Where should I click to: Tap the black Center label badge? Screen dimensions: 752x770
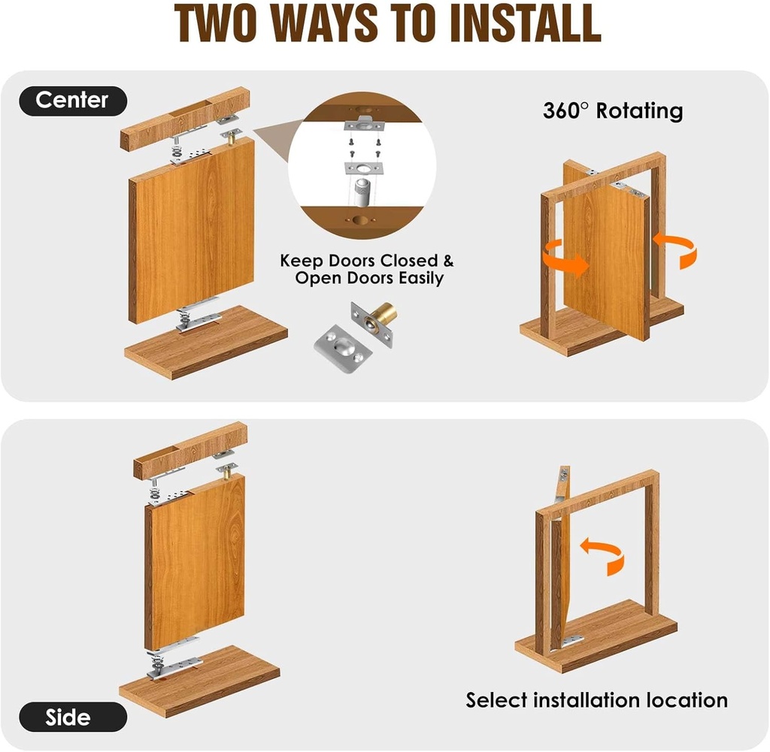tap(73, 100)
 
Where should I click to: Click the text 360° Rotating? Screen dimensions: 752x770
tap(612, 111)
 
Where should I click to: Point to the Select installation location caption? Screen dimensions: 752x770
tap(596, 700)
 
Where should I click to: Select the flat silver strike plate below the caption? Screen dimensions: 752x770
tap(340, 349)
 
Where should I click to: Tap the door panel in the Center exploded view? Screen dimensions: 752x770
tap(192, 229)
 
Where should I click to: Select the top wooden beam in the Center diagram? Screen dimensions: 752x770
tap(183, 119)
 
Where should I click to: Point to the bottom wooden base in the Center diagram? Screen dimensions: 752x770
tap(207, 342)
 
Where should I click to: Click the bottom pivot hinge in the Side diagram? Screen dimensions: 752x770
tap(173, 662)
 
